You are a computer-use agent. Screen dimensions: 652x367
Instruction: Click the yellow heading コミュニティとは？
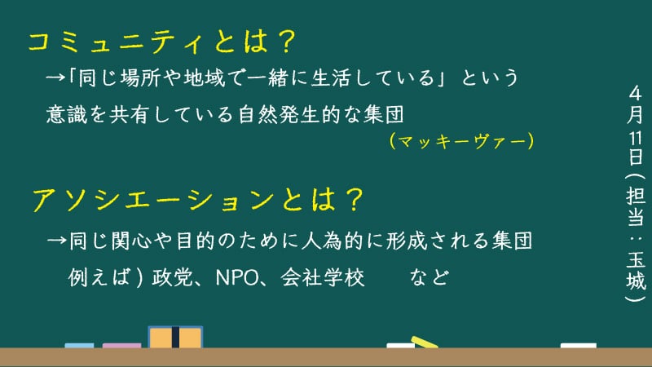pos(161,42)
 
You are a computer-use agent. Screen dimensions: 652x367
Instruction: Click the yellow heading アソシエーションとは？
pos(198,200)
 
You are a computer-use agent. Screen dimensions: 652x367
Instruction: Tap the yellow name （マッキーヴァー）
pos(461,141)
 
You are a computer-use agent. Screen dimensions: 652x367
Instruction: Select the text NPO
pos(237,277)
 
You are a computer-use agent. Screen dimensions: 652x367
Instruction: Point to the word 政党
pos(173,277)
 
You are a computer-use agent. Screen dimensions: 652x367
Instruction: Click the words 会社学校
pos(323,277)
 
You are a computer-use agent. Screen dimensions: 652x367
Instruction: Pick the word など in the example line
pos(430,277)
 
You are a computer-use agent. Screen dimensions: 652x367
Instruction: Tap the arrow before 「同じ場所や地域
pos(55,77)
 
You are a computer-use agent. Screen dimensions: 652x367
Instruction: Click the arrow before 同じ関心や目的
pos(56,241)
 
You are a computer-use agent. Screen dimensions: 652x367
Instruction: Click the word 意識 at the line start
pos(67,114)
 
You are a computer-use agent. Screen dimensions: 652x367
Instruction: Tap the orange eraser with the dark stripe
pos(175,337)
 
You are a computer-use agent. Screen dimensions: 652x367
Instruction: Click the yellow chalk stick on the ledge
pos(425,342)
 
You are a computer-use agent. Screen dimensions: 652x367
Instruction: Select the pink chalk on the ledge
pos(121,345)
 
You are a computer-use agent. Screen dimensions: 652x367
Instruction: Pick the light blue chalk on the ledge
pos(79,345)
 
